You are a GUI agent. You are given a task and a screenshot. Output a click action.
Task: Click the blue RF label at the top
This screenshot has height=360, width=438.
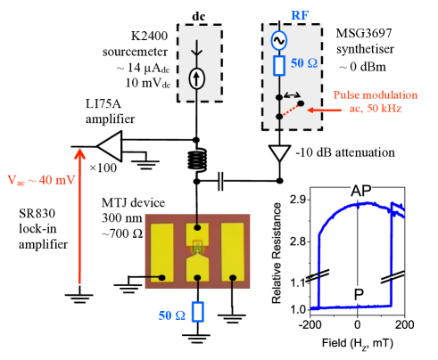[299, 15]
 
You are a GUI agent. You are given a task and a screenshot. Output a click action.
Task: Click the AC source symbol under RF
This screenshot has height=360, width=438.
[279, 40]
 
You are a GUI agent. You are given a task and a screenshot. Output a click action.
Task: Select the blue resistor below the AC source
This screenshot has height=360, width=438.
[279, 65]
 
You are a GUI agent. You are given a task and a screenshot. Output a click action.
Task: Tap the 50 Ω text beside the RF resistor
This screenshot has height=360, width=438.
[304, 63]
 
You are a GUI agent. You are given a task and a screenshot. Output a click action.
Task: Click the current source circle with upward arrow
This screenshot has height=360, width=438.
[197, 78]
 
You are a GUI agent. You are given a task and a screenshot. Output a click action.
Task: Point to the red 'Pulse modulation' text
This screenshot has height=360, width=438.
[375, 94]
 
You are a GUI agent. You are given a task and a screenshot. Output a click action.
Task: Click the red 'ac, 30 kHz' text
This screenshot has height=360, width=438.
[375, 108]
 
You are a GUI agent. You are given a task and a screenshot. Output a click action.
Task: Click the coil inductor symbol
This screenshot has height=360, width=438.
[193, 160]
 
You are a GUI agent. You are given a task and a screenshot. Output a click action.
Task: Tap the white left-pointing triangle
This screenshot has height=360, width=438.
[111, 146]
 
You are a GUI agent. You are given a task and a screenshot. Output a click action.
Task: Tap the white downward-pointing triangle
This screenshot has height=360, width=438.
[279, 152]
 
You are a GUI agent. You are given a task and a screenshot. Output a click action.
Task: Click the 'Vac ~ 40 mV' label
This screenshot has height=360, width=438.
[42, 179]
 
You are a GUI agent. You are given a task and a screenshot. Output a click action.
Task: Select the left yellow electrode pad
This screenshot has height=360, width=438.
[162, 251]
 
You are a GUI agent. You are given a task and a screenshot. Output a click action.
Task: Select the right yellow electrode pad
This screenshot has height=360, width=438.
[233, 251]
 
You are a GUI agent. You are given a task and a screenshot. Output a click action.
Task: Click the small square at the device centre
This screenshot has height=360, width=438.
[197, 247]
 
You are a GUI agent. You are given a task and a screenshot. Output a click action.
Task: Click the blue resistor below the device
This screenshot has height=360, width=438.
[197, 312]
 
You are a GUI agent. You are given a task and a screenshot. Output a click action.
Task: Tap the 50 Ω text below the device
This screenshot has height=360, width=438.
[172, 315]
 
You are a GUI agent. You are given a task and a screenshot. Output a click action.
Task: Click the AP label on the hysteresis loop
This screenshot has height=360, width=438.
[360, 191]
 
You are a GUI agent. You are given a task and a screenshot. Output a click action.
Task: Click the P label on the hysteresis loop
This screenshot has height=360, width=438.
[359, 294]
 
